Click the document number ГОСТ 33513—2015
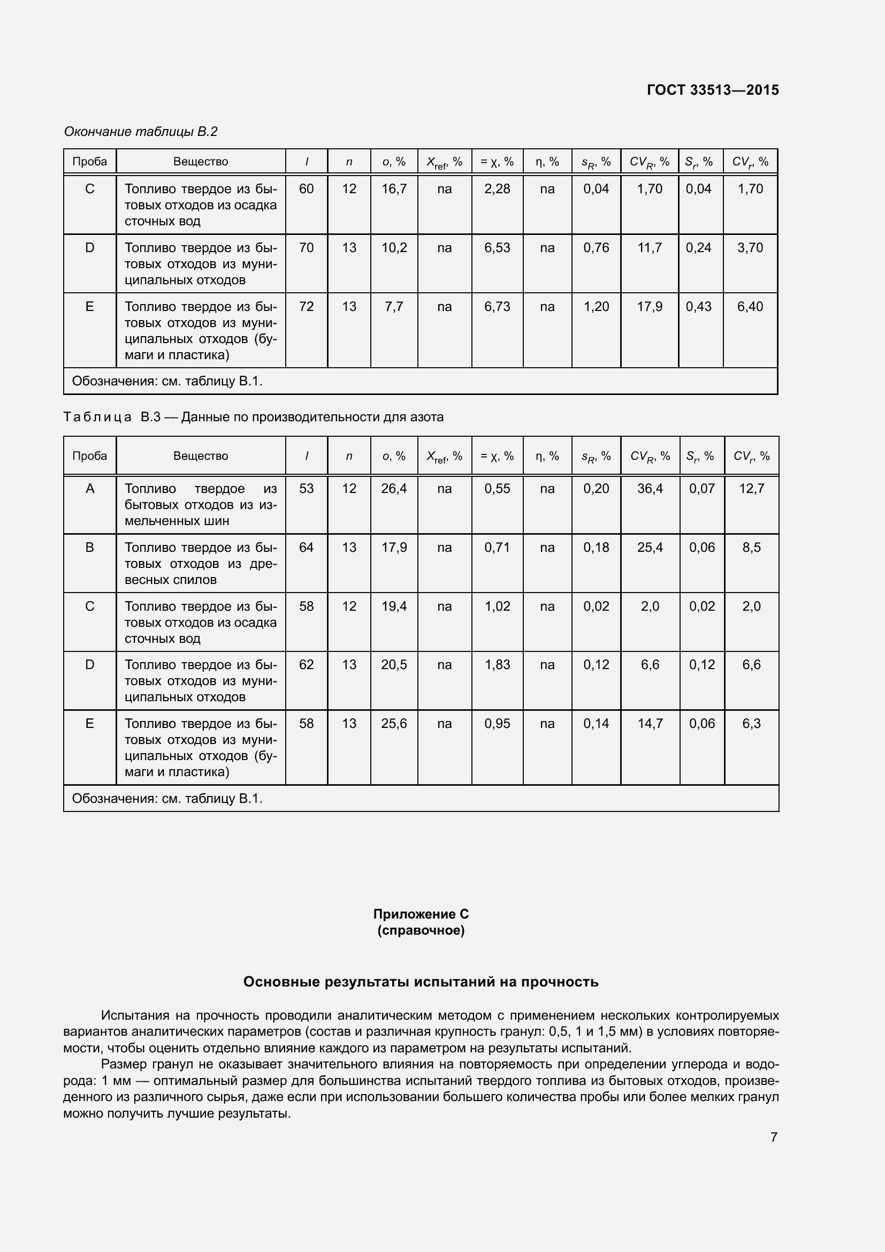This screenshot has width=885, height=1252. [712, 90]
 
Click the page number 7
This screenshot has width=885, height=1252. [773, 1137]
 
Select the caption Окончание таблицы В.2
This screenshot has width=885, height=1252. [141, 132]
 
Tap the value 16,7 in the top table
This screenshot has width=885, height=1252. [393, 188]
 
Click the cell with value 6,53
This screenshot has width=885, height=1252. [497, 248]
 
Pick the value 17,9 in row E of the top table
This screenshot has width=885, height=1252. [650, 307]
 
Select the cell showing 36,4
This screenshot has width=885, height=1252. [650, 489]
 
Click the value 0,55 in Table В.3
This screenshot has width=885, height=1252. [497, 489]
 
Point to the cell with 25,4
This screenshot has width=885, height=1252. [650, 548]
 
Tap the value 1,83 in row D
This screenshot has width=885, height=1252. [497, 665]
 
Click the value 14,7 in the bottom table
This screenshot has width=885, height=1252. [650, 724]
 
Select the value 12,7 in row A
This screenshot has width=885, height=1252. [751, 489]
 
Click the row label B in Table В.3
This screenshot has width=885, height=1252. [90, 548]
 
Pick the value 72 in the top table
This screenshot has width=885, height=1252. [306, 307]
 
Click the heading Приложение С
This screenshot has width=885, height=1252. [421, 914]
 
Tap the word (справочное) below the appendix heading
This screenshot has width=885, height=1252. [421, 930]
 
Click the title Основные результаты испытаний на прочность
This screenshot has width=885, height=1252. [421, 982]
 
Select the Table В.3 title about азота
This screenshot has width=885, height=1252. [254, 417]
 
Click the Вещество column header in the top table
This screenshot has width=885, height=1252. [201, 162]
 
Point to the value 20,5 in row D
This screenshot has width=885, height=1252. [393, 665]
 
